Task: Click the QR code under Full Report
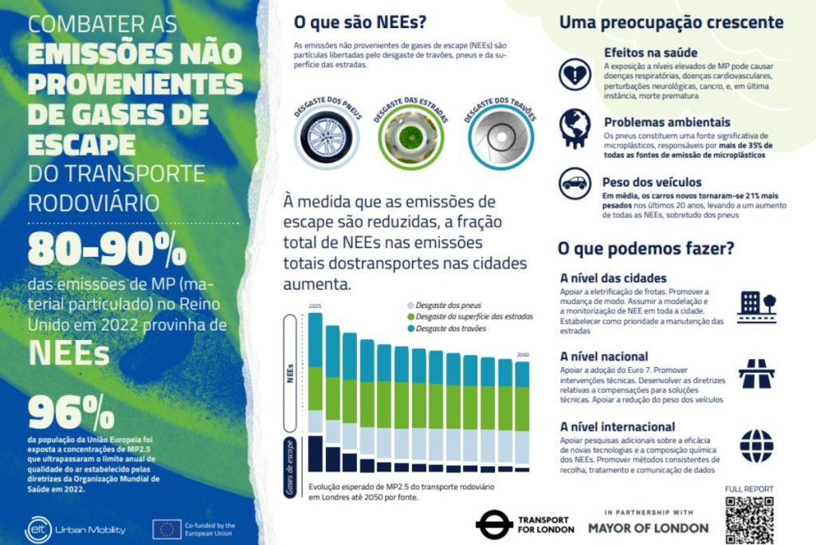tap(751, 519)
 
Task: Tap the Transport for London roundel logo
tap(494, 524)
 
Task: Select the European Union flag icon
tap(167, 529)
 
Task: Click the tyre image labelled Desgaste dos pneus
tap(327, 140)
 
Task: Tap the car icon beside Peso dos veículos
tap(575, 183)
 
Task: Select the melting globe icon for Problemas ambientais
tap(575, 128)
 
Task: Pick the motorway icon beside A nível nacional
tap(756, 372)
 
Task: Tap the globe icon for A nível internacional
tap(756, 445)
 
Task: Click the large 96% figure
tap(71, 413)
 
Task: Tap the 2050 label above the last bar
tap(522, 355)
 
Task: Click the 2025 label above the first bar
tap(315, 306)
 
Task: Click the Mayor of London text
tap(648, 527)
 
